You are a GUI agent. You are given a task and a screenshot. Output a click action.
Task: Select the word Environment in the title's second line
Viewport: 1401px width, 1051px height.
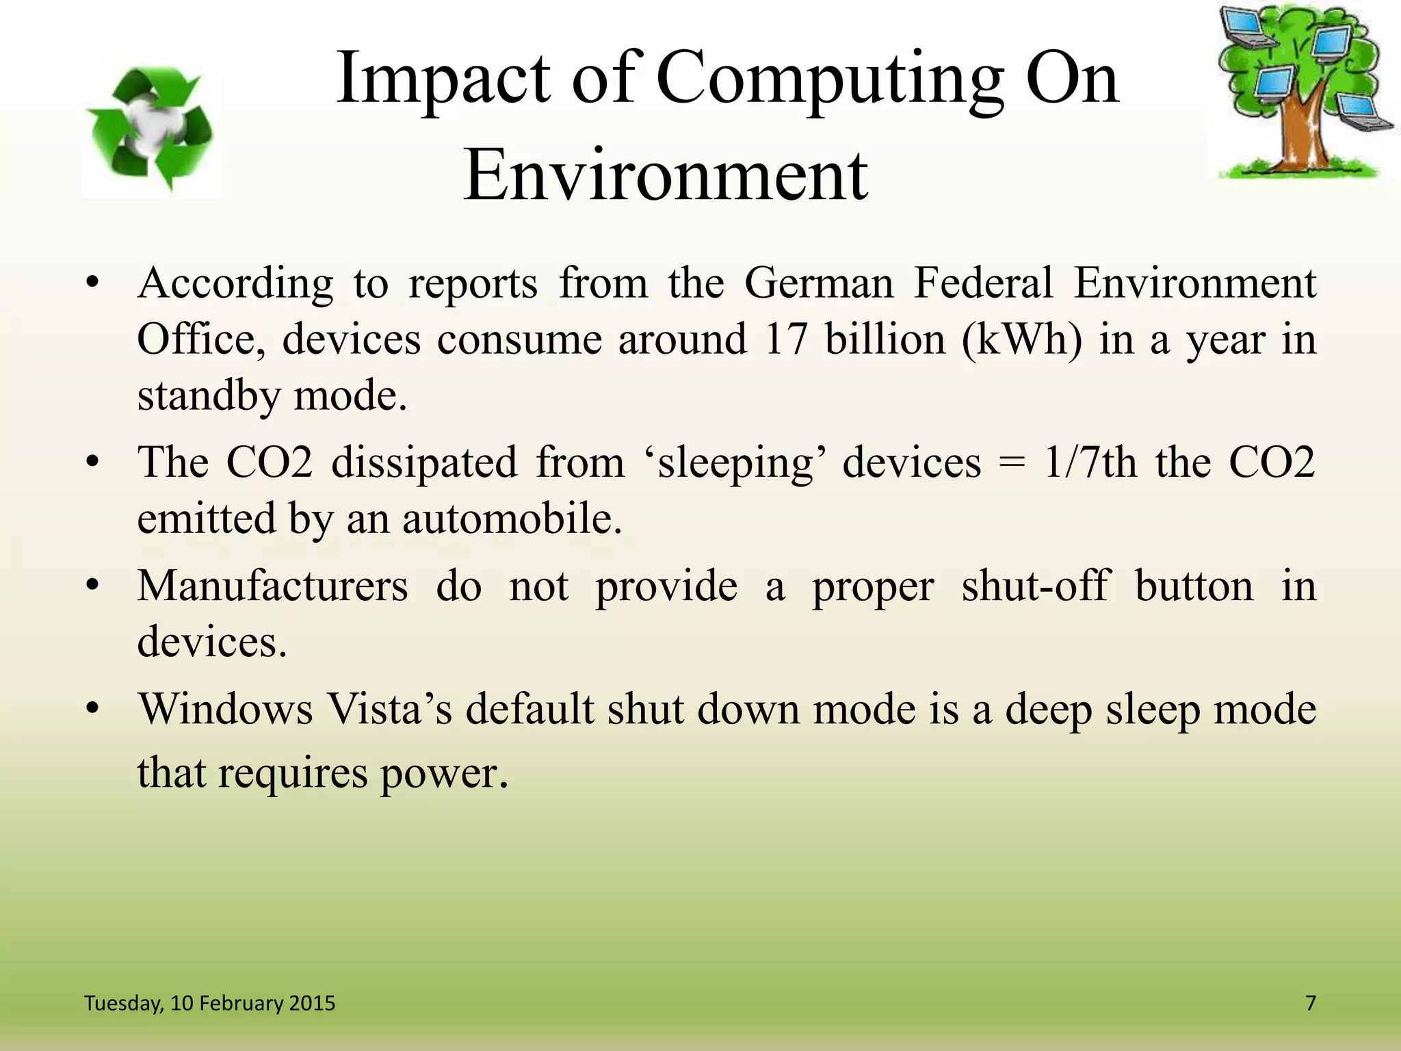tap(665, 176)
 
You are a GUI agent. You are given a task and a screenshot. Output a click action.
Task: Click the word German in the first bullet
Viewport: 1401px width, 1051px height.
tap(819, 283)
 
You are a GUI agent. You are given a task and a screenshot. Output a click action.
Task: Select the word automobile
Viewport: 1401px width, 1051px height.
tap(512, 519)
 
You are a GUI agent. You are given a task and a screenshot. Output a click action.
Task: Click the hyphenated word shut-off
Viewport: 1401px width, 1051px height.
tap(1034, 586)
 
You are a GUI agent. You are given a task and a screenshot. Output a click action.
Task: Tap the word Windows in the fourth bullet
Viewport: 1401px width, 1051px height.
tap(226, 710)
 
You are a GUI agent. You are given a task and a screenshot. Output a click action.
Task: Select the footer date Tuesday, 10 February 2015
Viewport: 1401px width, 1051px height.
tap(209, 1003)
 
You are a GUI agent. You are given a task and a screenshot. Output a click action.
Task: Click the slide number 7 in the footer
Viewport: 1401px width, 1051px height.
tap(1311, 1003)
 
